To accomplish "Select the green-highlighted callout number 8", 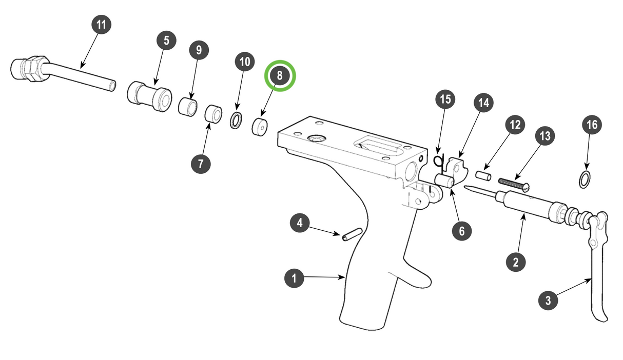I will [280, 76].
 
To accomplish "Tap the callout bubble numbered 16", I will [592, 125].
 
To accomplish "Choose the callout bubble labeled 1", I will [294, 278].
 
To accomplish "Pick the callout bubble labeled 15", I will [445, 99].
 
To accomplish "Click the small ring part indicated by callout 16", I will [584, 180].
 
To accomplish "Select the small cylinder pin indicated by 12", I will [483, 175].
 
